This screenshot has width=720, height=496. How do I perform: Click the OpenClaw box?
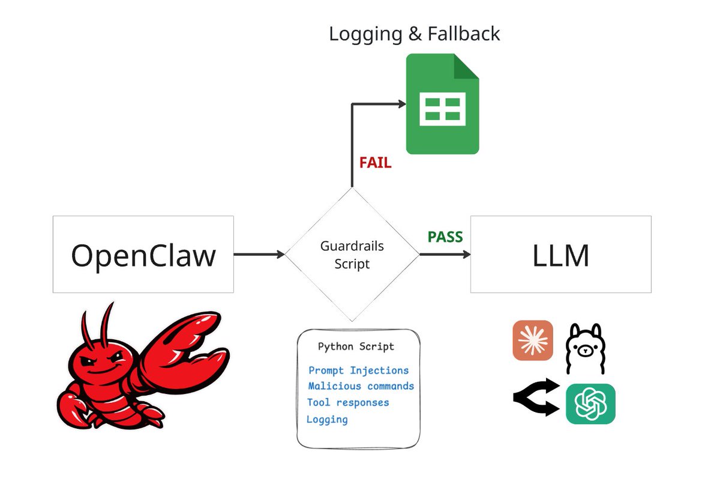click(x=143, y=255)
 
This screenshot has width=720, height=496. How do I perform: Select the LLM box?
click(x=560, y=255)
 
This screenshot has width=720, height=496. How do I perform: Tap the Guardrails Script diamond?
click(x=352, y=255)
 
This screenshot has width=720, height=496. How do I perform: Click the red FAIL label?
click(x=375, y=163)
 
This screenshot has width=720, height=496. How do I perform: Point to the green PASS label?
click(x=445, y=237)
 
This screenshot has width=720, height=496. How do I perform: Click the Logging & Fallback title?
click(x=414, y=34)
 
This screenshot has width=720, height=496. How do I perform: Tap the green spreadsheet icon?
click(x=442, y=104)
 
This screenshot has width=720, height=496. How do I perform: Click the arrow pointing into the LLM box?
click(x=445, y=255)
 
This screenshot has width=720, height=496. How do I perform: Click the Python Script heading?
click(x=356, y=346)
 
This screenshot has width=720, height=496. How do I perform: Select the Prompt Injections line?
click(x=358, y=370)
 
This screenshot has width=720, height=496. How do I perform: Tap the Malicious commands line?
click(x=361, y=386)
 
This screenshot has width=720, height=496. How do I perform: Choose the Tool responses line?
click(x=348, y=402)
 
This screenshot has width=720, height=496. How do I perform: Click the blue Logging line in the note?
click(x=327, y=419)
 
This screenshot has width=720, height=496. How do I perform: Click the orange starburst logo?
click(x=533, y=340)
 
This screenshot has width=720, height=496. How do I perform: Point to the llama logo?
click(x=585, y=348)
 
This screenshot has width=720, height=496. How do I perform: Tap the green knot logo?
click(x=590, y=404)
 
